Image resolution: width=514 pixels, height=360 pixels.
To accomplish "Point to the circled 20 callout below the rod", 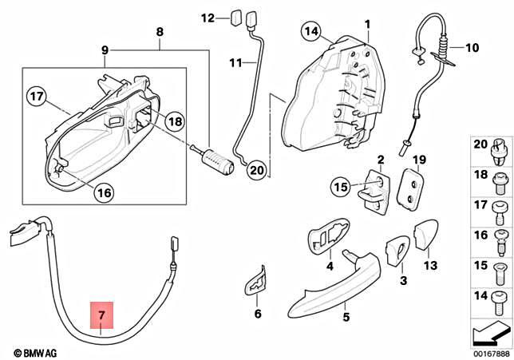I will [x=255, y=169].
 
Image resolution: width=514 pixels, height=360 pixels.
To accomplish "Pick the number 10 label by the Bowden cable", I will [x=472, y=48].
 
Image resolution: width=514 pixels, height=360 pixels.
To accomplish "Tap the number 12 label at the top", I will [x=208, y=17].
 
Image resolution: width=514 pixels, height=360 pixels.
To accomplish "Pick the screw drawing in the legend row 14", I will [x=500, y=297].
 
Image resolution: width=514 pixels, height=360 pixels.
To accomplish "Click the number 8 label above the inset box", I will [x=159, y=32].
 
